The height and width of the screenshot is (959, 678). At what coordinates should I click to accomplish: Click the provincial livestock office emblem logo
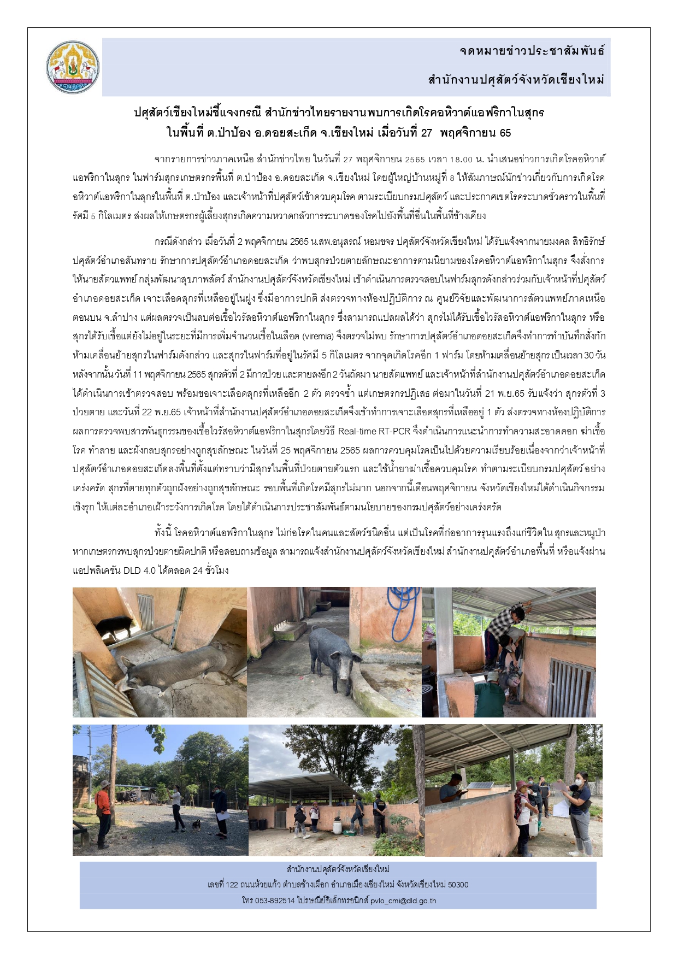tap(73, 67)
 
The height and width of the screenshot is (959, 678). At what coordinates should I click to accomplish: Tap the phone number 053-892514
tap(275, 901)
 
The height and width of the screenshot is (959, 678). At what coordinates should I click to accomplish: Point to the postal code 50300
tap(458, 885)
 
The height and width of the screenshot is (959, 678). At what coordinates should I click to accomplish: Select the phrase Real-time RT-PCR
tap(374, 431)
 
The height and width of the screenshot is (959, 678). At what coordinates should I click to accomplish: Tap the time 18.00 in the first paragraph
tap(461, 160)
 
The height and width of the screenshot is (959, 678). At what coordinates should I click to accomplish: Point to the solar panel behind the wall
tap(479, 786)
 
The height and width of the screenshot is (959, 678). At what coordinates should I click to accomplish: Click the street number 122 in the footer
tap(232, 885)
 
